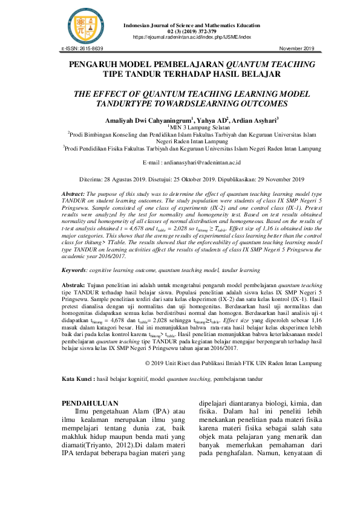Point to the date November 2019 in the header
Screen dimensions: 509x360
coord(296,48)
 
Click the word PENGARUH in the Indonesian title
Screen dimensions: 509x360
coord(96,64)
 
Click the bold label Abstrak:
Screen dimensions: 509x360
coord(75,284)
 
